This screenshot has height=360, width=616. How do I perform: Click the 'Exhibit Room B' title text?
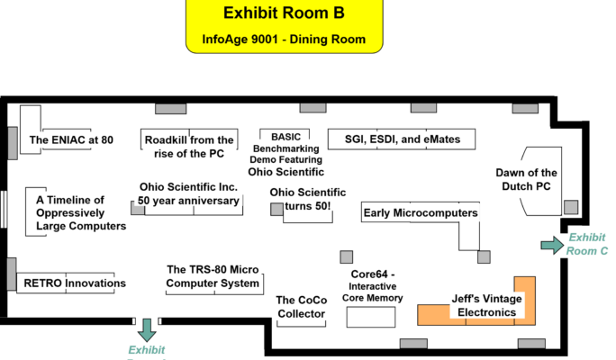(x=284, y=13)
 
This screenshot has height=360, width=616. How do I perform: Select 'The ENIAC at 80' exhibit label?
(x=71, y=139)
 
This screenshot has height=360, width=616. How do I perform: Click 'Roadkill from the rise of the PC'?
(x=188, y=147)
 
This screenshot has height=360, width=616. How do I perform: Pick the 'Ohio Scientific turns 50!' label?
(x=307, y=200)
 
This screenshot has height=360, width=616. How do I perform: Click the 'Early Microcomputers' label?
(x=420, y=212)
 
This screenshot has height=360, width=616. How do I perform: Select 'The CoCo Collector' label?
(x=300, y=307)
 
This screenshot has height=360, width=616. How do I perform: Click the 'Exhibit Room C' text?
(x=587, y=245)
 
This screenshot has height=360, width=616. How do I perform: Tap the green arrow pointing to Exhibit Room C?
(x=549, y=244)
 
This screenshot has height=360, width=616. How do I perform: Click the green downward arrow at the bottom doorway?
(x=146, y=328)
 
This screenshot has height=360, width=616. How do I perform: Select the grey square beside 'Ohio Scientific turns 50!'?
(x=276, y=209)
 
